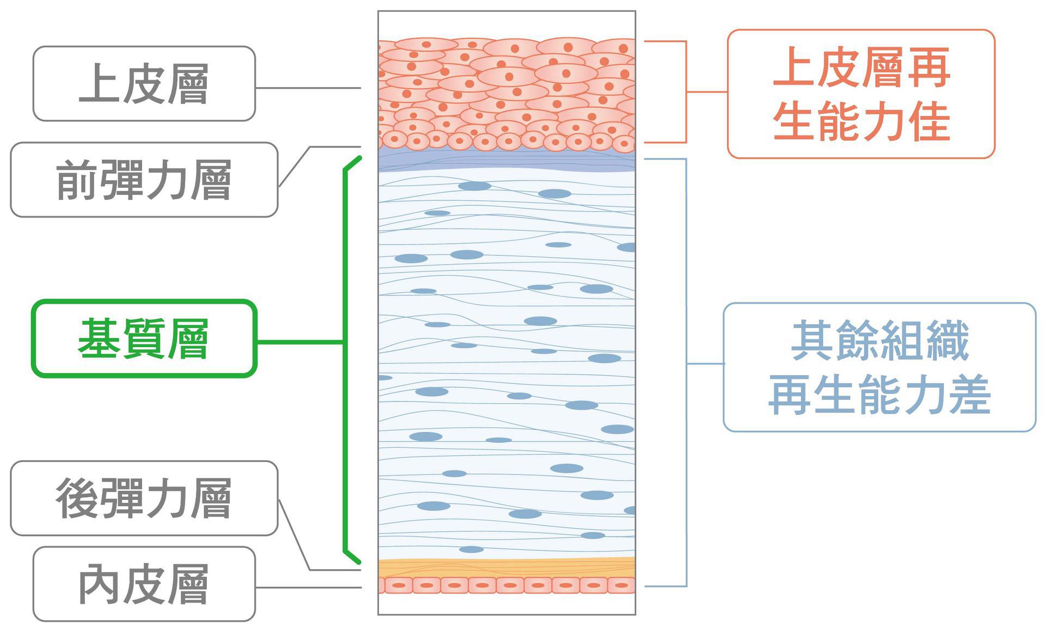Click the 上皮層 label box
(x=144, y=83)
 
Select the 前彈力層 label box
(x=144, y=180)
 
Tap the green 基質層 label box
(x=144, y=338)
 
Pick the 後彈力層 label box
(x=144, y=498)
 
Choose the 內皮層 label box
(x=144, y=584)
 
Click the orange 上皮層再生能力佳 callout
(x=861, y=94)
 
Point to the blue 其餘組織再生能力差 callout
(x=879, y=367)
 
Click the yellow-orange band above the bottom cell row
(x=507, y=567)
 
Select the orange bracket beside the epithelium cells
(x=686, y=91)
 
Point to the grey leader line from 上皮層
(x=308, y=88)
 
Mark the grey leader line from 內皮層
(x=308, y=588)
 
